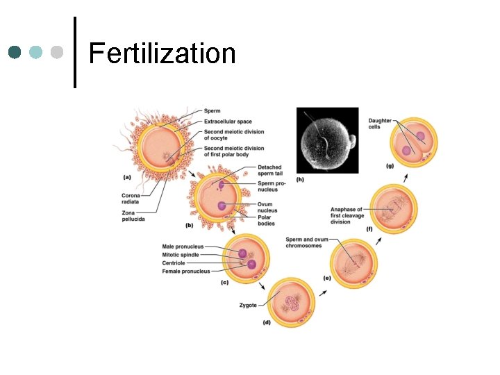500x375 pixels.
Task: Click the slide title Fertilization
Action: pyautogui.click(x=162, y=53)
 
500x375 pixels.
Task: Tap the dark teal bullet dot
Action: pyautogui.click(x=15, y=53)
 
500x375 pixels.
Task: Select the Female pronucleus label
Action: pyautogui.click(x=185, y=272)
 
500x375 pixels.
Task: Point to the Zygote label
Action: pyautogui.click(x=248, y=305)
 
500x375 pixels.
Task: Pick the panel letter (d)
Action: pyautogui.click(x=267, y=323)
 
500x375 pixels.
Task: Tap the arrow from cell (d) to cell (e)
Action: pyautogui.click(x=322, y=292)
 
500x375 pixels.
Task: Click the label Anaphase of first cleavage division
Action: pyautogui.click(x=346, y=215)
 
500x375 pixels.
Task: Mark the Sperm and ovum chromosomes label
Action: pyautogui.click(x=306, y=242)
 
